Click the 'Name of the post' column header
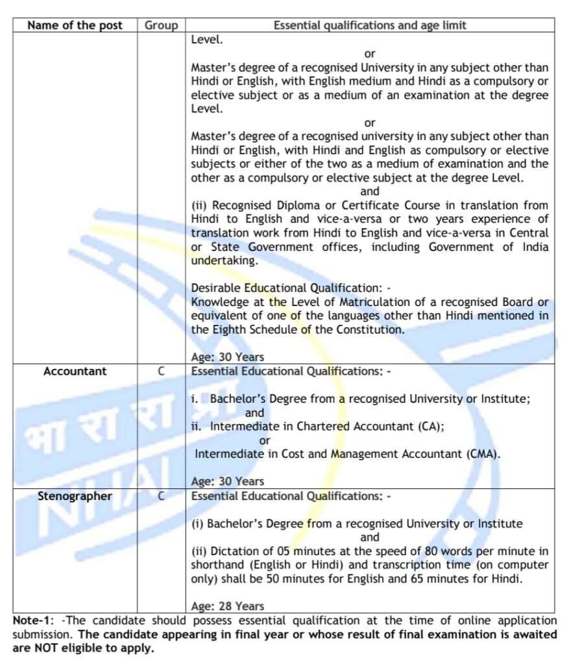click(x=75, y=25)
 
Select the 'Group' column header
click(x=161, y=25)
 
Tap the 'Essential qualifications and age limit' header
click(x=370, y=25)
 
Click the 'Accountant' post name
click(x=75, y=372)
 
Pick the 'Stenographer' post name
click(x=75, y=497)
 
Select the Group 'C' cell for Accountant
click(x=161, y=372)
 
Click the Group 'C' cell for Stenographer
click(x=161, y=497)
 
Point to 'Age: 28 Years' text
click(x=228, y=606)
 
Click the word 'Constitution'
click(x=370, y=329)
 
